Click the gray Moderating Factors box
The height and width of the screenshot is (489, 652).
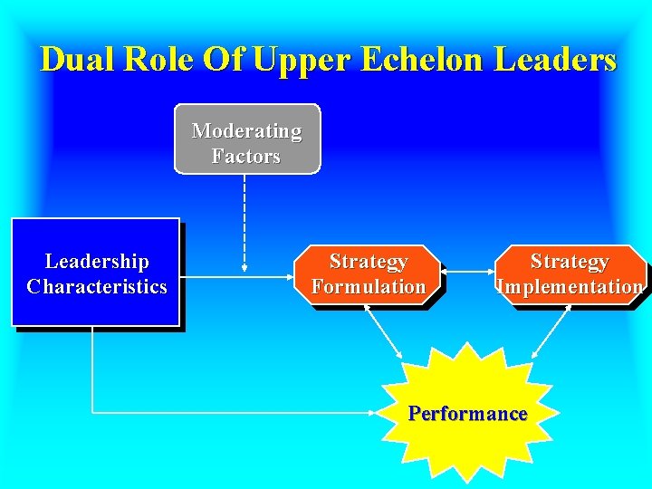click(x=246, y=139)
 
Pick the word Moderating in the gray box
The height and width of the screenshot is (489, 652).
click(x=246, y=130)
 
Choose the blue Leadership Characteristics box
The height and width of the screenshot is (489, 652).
click(x=95, y=272)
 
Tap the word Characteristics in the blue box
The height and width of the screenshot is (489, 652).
click(x=97, y=287)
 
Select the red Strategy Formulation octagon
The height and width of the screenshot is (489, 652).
click(x=368, y=274)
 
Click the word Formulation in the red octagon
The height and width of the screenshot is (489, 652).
click(x=368, y=287)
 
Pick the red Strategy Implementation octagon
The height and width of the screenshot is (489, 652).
click(x=570, y=274)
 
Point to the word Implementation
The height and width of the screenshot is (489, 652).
click(x=570, y=287)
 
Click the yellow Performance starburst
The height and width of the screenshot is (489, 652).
click(x=467, y=413)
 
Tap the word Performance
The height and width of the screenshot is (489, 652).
click(x=467, y=414)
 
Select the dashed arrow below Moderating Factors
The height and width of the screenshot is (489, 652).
click(x=245, y=222)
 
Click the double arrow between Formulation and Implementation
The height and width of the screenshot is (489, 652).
click(x=467, y=270)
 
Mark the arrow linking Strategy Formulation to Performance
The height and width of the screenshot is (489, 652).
click(x=384, y=331)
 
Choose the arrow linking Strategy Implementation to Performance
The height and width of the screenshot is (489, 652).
click(x=551, y=331)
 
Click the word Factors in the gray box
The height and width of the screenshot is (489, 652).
click(x=246, y=156)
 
